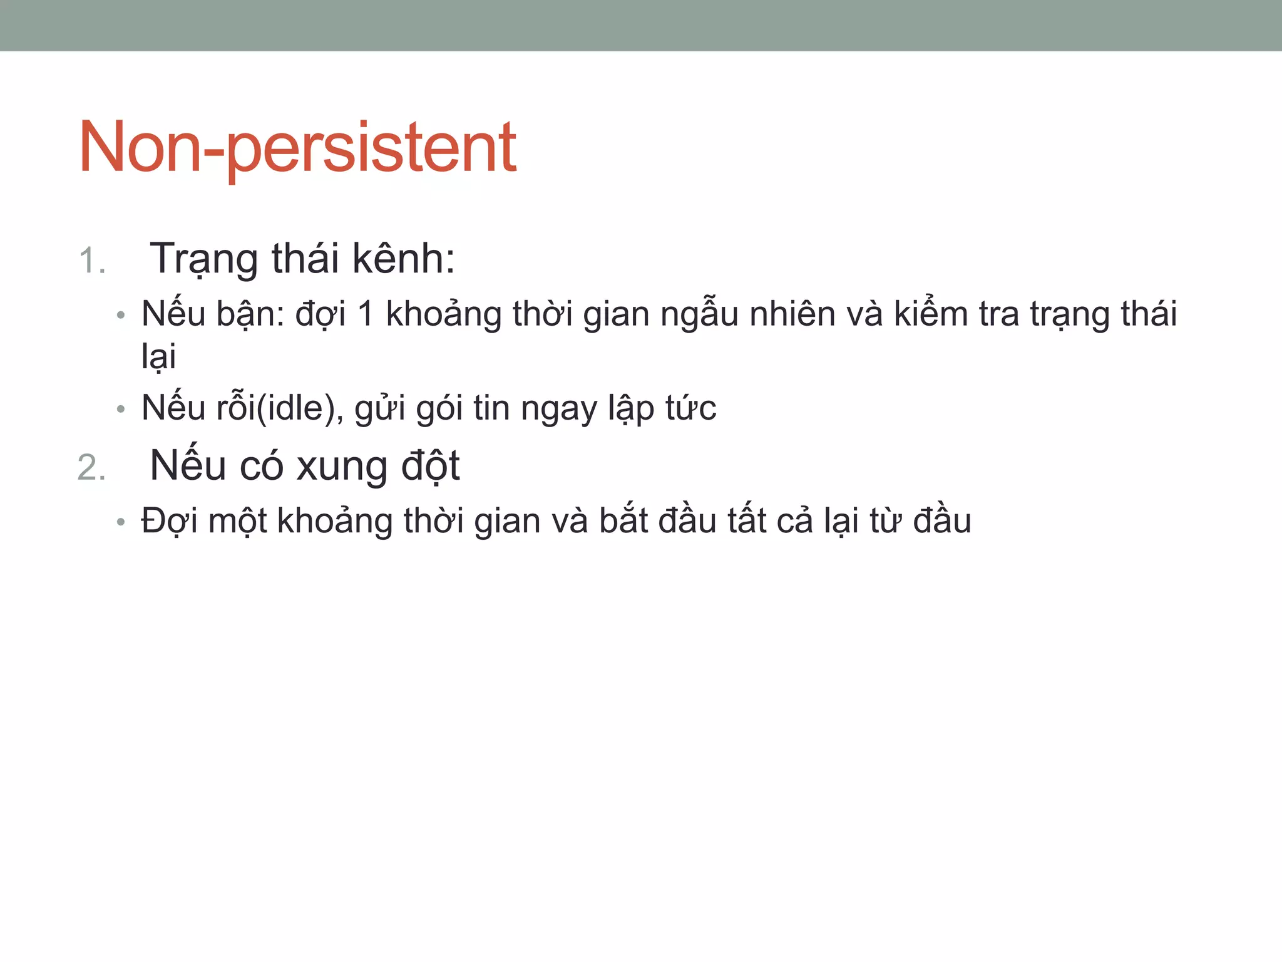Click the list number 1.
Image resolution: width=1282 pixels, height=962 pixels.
pyautogui.click(x=91, y=261)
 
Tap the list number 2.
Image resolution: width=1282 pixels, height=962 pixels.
pyautogui.click(x=91, y=468)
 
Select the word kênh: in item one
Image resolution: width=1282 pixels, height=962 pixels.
pyautogui.click(x=403, y=258)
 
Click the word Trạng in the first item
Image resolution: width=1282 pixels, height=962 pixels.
pyautogui.click(x=203, y=259)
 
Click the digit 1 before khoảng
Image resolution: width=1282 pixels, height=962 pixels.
pyautogui.click(x=366, y=314)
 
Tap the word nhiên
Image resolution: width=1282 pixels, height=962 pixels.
pyautogui.click(x=792, y=314)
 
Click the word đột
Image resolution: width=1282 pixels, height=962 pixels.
pyautogui.click(x=430, y=467)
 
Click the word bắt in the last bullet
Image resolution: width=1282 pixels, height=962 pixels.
pyautogui.click(x=623, y=521)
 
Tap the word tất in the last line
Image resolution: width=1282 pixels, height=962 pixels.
pyautogui.click(x=747, y=521)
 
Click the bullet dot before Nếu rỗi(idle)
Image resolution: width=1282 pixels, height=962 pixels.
pyautogui.click(x=121, y=410)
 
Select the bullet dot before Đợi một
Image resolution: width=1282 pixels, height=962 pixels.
pyautogui.click(x=121, y=522)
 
